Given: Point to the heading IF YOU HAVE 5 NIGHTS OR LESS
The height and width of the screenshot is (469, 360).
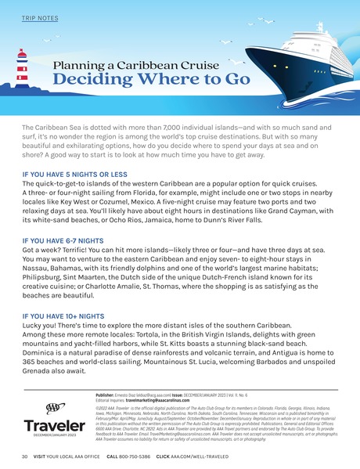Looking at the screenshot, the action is [x=74, y=172].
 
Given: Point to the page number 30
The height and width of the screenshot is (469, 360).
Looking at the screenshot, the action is [x=25, y=456].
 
